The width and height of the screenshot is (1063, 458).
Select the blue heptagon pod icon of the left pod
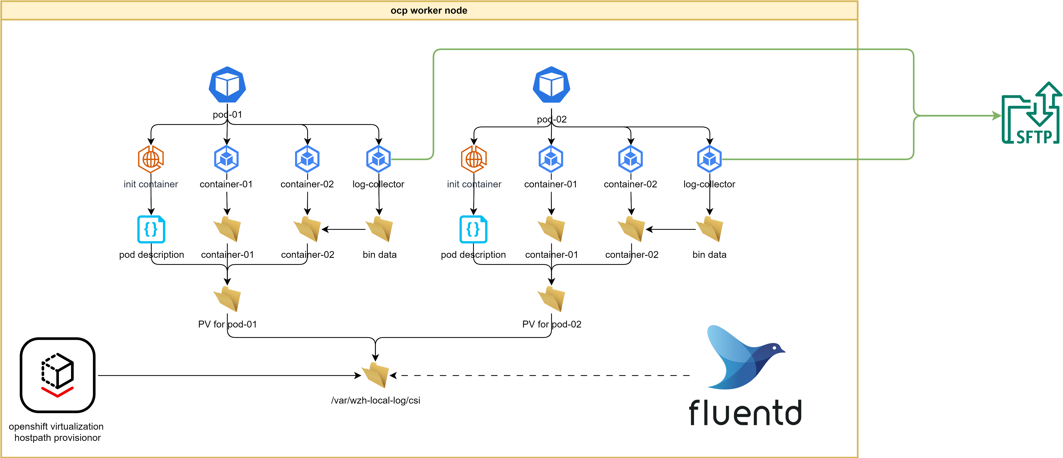pyautogui.click(x=227, y=85)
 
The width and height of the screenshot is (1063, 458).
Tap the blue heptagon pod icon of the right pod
pyautogui.click(x=551, y=85)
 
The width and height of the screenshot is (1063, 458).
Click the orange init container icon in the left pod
pyautogui.click(x=151, y=159)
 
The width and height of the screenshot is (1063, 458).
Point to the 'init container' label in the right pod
pyautogui.click(x=474, y=184)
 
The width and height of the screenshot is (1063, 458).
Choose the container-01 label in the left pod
pyautogui.click(x=227, y=184)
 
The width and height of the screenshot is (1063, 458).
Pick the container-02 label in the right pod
pyautogui.click(x=631, y=184)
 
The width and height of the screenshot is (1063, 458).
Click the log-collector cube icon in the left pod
pyautogui.click(x=378, y=159)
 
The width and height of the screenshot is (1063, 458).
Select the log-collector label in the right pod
pyautogui.click(x=709, y=184)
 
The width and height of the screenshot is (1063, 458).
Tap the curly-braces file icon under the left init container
pyautogui.click(x=151, y=229)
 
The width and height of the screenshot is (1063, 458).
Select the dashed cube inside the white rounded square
pyautogui.click(x=58, y=370)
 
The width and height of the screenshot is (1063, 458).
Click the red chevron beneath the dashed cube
pyautogui.click(x=57, y=392)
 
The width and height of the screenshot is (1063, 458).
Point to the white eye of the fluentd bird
pyautogui.click(x=774, y=348)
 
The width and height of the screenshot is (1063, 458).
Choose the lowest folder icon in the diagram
pyautogui.click(x=376, y=375)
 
